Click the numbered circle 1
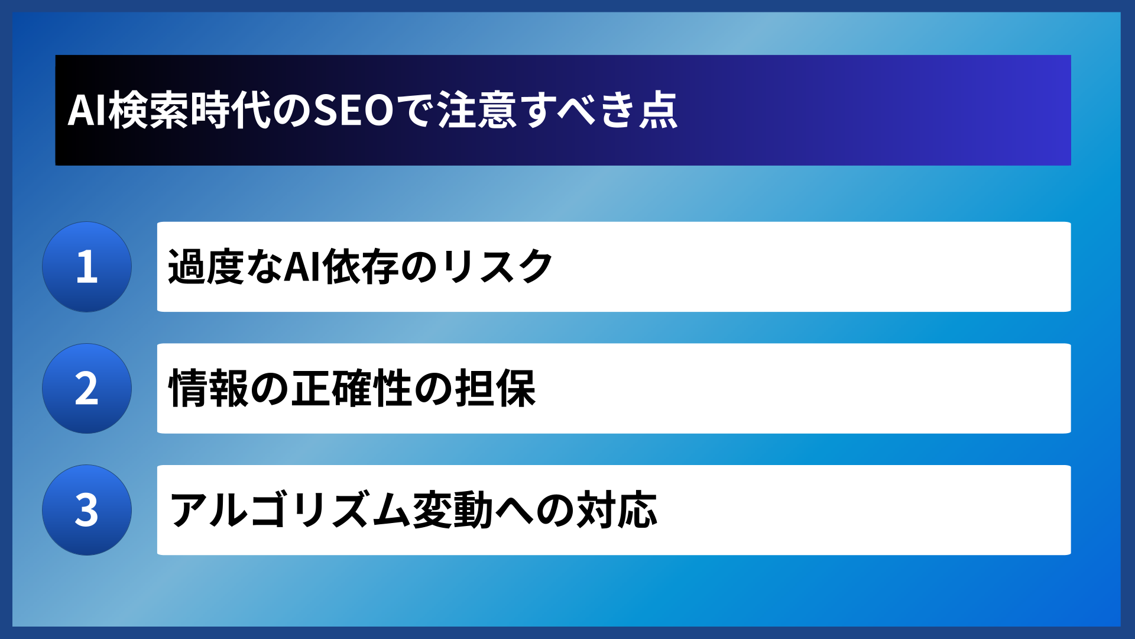pos(87,267)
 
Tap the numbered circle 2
pos(87,389)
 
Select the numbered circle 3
pos(87,510)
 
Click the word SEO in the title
pos(354,111)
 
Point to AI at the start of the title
pos(87,111)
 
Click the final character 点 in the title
pos(658,111)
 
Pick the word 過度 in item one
pos(206,267)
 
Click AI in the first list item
pos(303,267)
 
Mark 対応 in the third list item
pos(617,510)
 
